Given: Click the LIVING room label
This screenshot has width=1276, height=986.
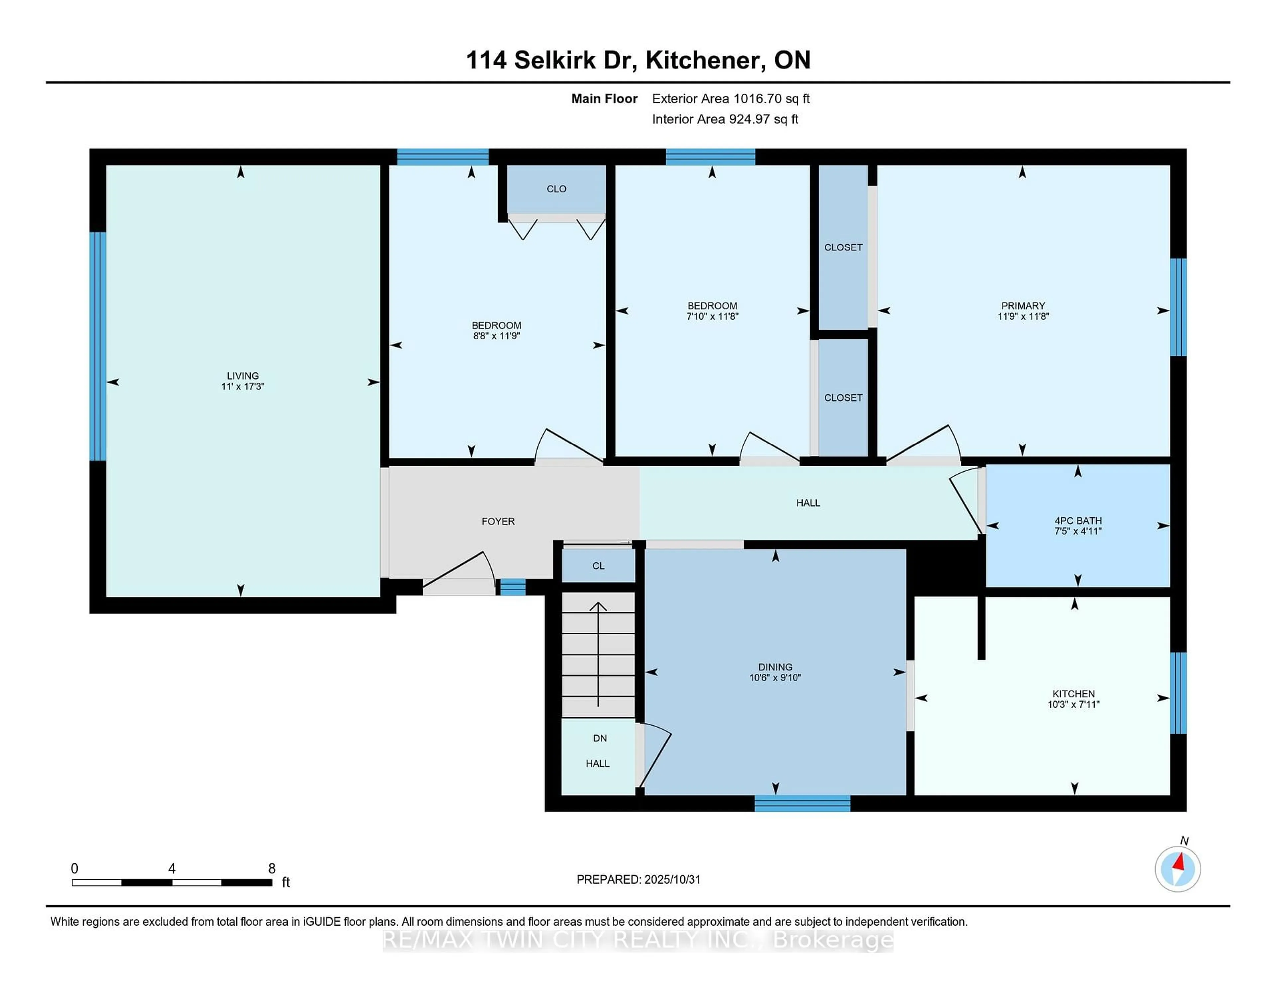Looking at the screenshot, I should tap(243, 376).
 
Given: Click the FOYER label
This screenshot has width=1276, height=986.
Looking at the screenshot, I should tap(498, 521).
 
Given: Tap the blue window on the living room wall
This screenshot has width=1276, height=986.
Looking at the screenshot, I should tap(98, 346).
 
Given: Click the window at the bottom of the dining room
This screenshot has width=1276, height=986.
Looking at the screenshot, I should tap(802, 804).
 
